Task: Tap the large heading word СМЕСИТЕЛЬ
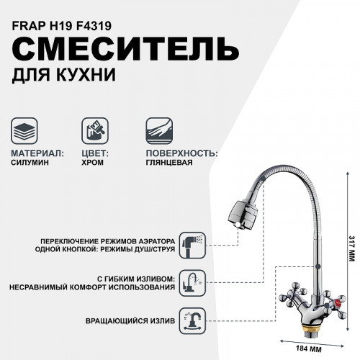[x=125, y=50]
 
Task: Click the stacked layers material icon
[x=27, y=132]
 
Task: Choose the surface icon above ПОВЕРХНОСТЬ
[x=161, y=132]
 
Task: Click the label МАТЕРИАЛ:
[x=37, y=153]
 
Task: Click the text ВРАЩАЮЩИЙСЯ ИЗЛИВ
[x=129, y=318]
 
